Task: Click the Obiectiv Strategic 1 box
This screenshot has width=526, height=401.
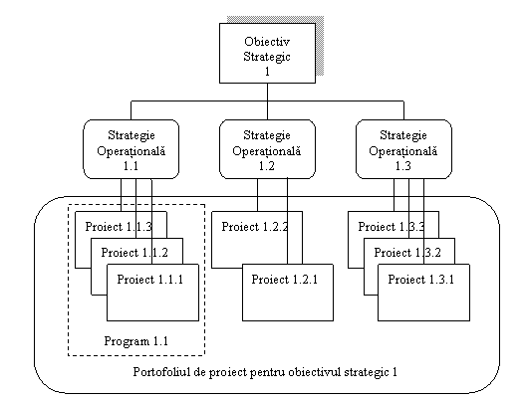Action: pyautogui.click(x=267, y=53)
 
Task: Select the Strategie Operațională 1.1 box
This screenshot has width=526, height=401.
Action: pyautogui.click(x=131, y=149)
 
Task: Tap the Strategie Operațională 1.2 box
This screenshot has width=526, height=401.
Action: pyautogui.click(x=267, y=149)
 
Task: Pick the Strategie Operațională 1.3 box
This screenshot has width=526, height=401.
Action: pyautogui.click(x=403, y=149)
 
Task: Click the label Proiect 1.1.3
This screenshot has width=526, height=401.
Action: pyautogui.click(x=119, y=227)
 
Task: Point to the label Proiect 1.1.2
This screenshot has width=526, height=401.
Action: pyautogui.click(x=134, y=253)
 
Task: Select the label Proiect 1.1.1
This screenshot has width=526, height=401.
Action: pyautogui.click(x=150, y=280)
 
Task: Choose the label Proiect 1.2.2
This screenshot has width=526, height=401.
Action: pyautogui.click(x=255, y=227)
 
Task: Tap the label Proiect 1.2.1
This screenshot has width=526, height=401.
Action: pyautogui.click(x=285, y=280)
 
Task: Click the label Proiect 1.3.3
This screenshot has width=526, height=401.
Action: pyautogui.click(x=392, y=227)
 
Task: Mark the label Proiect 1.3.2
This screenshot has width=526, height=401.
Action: pyautogui.click(x=407, y=253)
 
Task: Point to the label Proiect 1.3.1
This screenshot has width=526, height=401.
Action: pyautogui.click(x=421, y=280)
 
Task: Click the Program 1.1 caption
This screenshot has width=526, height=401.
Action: pyautogui.click(x=136, y=341)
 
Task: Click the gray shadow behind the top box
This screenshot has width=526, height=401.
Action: pyautogui.click(x=320, y=45)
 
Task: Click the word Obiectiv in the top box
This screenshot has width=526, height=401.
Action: pyautogui.click(x=267, y=42)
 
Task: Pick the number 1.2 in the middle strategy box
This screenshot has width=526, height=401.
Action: pyautogui.click(x=267, y=166)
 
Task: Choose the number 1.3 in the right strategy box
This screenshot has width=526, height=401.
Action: pyautogui.click(x=403, y=166)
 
